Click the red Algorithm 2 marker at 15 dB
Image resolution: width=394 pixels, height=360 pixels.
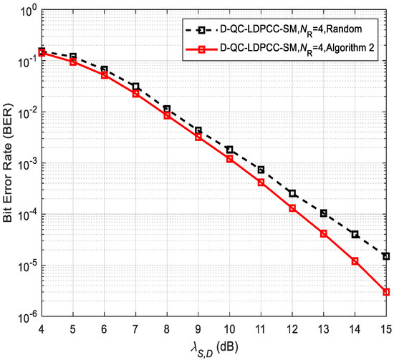click(386, 292)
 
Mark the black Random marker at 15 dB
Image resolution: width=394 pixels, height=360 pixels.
click(386, 256)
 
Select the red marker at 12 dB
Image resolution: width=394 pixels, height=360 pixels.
click(292, 208)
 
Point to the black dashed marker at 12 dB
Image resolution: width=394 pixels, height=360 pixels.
click(292, 193)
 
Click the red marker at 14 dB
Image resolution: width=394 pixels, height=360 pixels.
click(355, 261)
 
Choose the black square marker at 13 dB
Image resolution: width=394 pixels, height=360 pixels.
click(324, 213)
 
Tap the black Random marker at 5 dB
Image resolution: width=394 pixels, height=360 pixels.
click(74, 57)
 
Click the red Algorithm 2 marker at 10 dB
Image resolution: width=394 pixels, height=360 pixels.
click(230, 159)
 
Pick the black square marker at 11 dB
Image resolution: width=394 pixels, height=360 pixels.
click(261, 170)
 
